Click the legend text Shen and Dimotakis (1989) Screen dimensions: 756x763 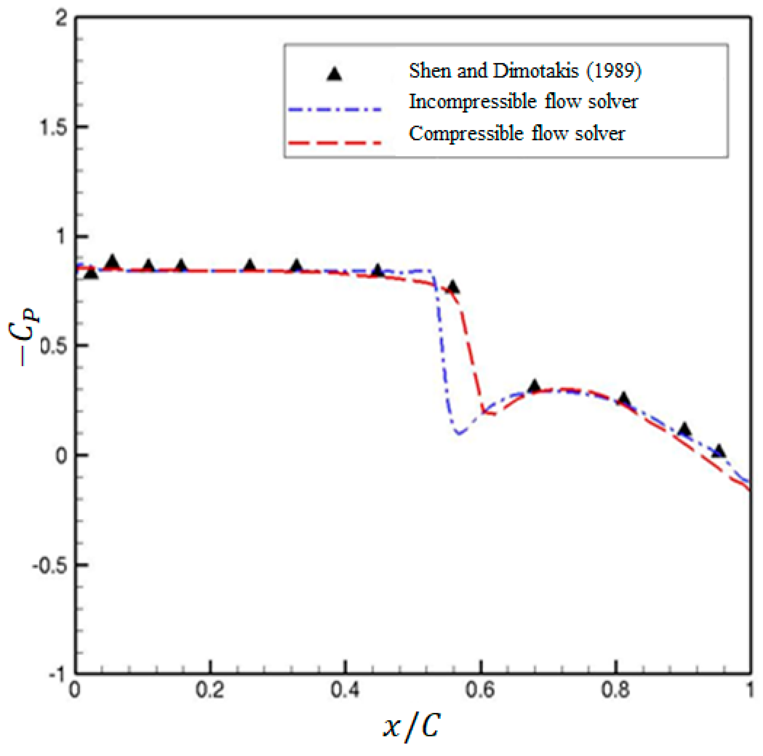525,71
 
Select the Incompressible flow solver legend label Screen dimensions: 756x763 523,102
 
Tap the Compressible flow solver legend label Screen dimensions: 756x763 517,134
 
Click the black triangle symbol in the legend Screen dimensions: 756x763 334,74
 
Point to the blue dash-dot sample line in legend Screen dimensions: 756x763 335,109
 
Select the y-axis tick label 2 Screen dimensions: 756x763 62,18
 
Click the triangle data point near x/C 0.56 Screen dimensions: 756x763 453,287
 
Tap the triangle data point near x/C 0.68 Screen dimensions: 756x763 534,386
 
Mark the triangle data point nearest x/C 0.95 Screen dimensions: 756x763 719,451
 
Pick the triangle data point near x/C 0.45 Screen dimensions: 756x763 378,271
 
